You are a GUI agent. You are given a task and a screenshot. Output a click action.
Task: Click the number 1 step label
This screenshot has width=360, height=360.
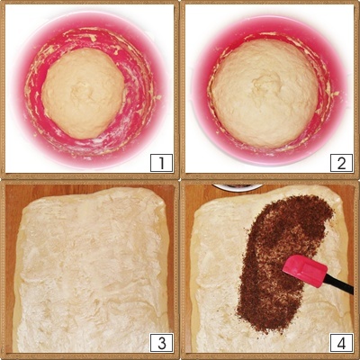pos(161,163)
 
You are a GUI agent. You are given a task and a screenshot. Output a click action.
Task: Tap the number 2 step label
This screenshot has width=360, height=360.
pos(341,163)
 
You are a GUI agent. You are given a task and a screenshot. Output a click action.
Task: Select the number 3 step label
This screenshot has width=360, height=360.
pos(162,343)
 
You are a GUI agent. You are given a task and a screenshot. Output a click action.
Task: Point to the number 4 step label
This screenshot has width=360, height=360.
pos(341,343)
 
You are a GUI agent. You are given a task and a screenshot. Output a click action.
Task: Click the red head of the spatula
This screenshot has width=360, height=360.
pos(304,271)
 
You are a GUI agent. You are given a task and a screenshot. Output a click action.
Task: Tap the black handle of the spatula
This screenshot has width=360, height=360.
pos(339,284)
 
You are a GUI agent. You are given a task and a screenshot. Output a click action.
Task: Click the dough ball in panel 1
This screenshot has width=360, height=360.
pos(83,93)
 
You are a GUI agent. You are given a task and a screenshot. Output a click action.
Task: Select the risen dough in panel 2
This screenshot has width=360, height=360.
pos(265,94)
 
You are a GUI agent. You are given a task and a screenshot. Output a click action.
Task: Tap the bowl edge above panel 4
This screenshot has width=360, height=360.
pos(238,187)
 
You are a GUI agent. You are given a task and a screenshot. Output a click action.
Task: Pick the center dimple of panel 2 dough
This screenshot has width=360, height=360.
pos(264,84)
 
